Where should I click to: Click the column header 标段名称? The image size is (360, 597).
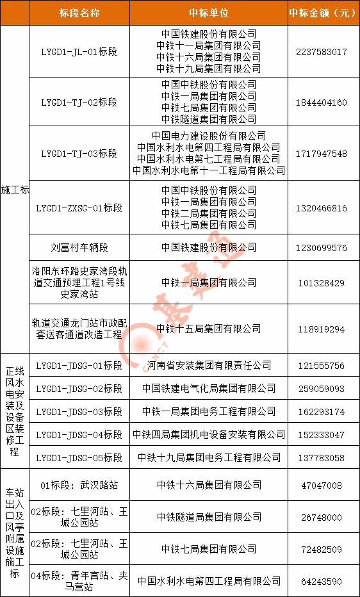coord(79,13)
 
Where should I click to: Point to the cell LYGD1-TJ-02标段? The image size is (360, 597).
coord(79,102)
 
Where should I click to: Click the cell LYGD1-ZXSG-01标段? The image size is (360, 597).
coord(79,208)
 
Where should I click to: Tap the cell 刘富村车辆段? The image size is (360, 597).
coord(79,247)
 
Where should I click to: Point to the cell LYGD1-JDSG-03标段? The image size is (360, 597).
coord(79,412)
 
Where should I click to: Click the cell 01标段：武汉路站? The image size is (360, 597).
coord(79,486)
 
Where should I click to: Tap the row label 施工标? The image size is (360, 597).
coord(15,190)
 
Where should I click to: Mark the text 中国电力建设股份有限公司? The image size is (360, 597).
coord(209,136)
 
